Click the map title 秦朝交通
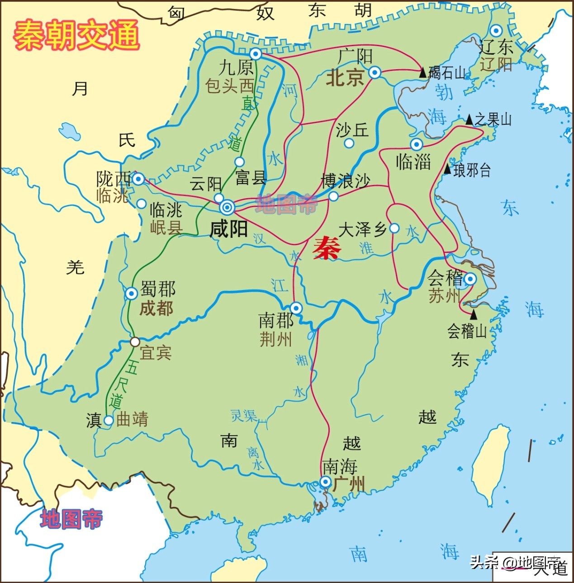[76, 35]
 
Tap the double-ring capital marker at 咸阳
[227, 208]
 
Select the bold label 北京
[345, 77]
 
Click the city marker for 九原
[256, 54]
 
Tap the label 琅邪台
[472, 170]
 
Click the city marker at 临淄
[416, 144]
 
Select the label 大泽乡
[362, 230]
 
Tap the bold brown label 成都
[157, 308]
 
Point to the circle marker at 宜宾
[135, 342]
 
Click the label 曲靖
[132, 419]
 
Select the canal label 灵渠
[244, 416]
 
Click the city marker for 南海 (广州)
[325, 482]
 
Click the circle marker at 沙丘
[349, 143]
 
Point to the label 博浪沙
[346, 181]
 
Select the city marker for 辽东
[496, 31]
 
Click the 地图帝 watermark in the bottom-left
[71, 519]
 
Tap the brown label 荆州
[275, 339]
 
